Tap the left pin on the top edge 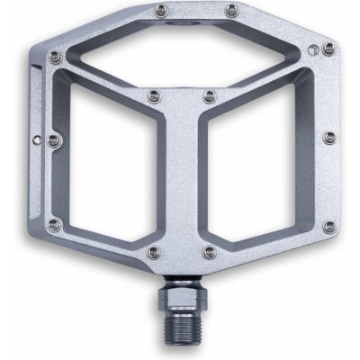(160, 10)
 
